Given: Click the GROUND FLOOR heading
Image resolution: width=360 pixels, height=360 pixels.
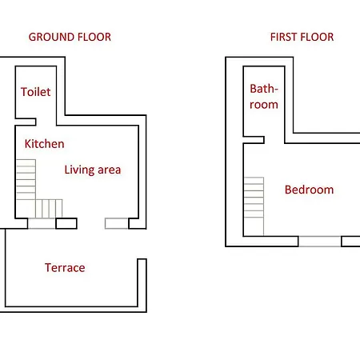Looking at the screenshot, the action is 70,37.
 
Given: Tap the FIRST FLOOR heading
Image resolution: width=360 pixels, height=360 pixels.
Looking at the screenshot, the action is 302,37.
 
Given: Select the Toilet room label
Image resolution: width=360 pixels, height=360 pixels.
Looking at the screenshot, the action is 36,92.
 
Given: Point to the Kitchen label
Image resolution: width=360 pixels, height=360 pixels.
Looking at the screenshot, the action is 44,144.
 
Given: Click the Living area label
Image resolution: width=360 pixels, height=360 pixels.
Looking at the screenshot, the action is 93,170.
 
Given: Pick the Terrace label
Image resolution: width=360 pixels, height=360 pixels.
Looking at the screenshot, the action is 65,268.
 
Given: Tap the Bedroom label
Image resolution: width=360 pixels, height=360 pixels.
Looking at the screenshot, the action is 309,190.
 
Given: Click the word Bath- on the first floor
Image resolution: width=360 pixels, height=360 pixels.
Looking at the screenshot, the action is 264,89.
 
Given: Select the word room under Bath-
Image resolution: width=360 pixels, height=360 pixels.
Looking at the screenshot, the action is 264,105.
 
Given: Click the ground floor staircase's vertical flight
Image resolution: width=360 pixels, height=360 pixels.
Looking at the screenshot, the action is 26,179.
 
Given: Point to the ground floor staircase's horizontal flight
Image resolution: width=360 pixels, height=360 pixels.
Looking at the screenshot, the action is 49,209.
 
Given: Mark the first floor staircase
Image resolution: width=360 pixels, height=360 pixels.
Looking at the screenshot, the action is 254,206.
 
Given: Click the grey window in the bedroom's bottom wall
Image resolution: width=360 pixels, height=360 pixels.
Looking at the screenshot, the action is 320,242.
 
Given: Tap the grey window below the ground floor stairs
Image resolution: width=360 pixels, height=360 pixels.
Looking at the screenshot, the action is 42,224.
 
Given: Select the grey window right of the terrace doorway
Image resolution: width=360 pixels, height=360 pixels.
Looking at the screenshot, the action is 117,224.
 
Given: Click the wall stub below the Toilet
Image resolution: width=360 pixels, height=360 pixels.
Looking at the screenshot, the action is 26,122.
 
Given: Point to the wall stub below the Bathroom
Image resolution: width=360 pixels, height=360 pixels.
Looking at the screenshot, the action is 254,140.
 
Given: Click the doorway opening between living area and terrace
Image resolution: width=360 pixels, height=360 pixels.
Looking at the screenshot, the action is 91,224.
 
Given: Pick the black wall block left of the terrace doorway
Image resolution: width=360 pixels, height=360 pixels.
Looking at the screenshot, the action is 66,223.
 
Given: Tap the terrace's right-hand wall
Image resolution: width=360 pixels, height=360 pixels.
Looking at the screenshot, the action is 142,282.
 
